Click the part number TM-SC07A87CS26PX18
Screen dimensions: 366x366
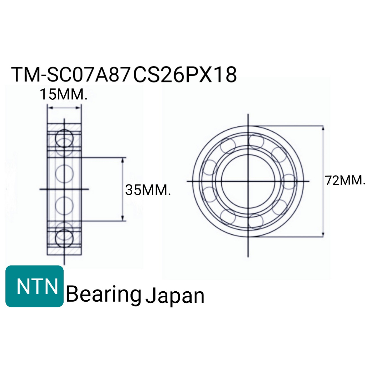click(124, 74)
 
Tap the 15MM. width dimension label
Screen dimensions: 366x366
click(64, 94)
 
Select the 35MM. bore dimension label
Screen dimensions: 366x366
click(148, 190)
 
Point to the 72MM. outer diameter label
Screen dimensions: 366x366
click(345, 180)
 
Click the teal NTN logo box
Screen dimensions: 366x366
click(35, 286)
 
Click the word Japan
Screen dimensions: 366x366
click(175, 296)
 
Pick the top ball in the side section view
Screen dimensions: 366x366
click(64, 138)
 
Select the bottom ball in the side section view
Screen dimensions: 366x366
click(64, 238)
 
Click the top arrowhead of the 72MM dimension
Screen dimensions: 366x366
click(323, 128)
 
